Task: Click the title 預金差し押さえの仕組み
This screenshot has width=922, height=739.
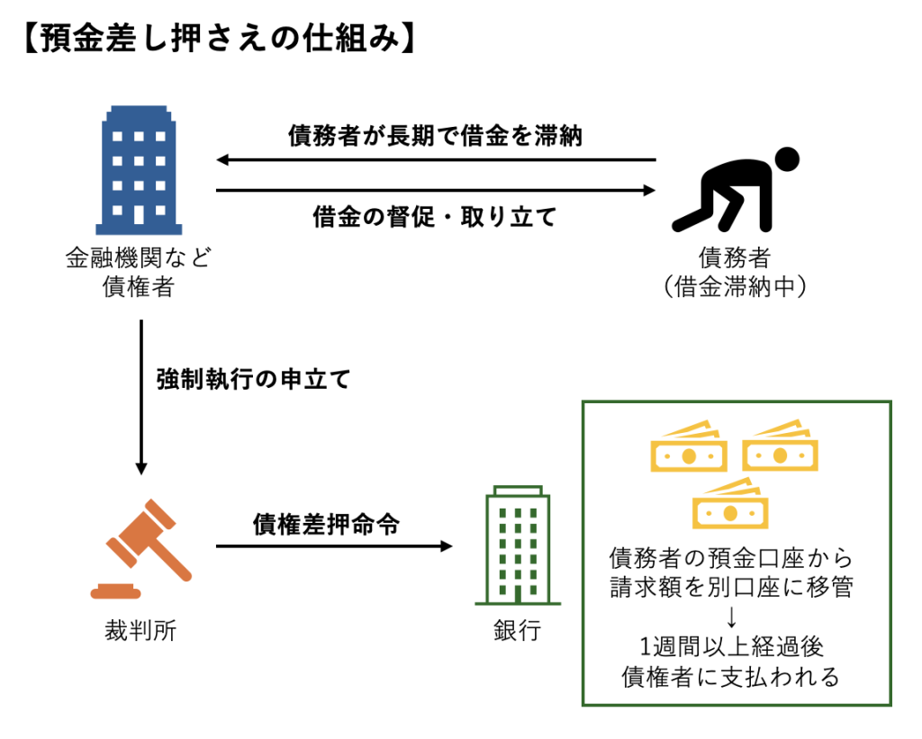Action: pos(220,39)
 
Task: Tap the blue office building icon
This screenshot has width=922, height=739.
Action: pos(139,170)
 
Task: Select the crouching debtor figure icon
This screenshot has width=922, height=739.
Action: pos(736,189)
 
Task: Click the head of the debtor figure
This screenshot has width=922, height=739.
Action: pos(787,159)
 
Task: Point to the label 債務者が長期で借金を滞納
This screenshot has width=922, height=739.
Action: pos(435,136)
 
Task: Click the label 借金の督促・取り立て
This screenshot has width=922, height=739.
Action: pos(435,216)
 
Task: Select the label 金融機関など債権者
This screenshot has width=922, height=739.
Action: pos(138,272)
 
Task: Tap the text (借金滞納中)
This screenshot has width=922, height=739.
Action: pos(735,287)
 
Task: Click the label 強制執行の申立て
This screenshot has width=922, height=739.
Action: pos(253,379)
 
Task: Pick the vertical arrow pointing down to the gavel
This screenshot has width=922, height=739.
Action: pos(141,397)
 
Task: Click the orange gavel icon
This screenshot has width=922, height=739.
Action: pos(141,548)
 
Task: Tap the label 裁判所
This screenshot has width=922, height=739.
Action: pos(140,630)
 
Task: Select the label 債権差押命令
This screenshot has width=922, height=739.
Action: pos(326,525)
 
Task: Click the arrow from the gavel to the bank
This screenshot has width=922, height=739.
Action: pos(334,546)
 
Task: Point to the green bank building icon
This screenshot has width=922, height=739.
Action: pos(518,545)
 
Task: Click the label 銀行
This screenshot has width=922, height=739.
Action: pos(518,630)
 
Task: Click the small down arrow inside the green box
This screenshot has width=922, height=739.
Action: pos(731,617)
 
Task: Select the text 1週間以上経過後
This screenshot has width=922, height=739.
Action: pos(731,647)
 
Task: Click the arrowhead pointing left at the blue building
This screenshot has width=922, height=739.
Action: pos(222,159)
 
